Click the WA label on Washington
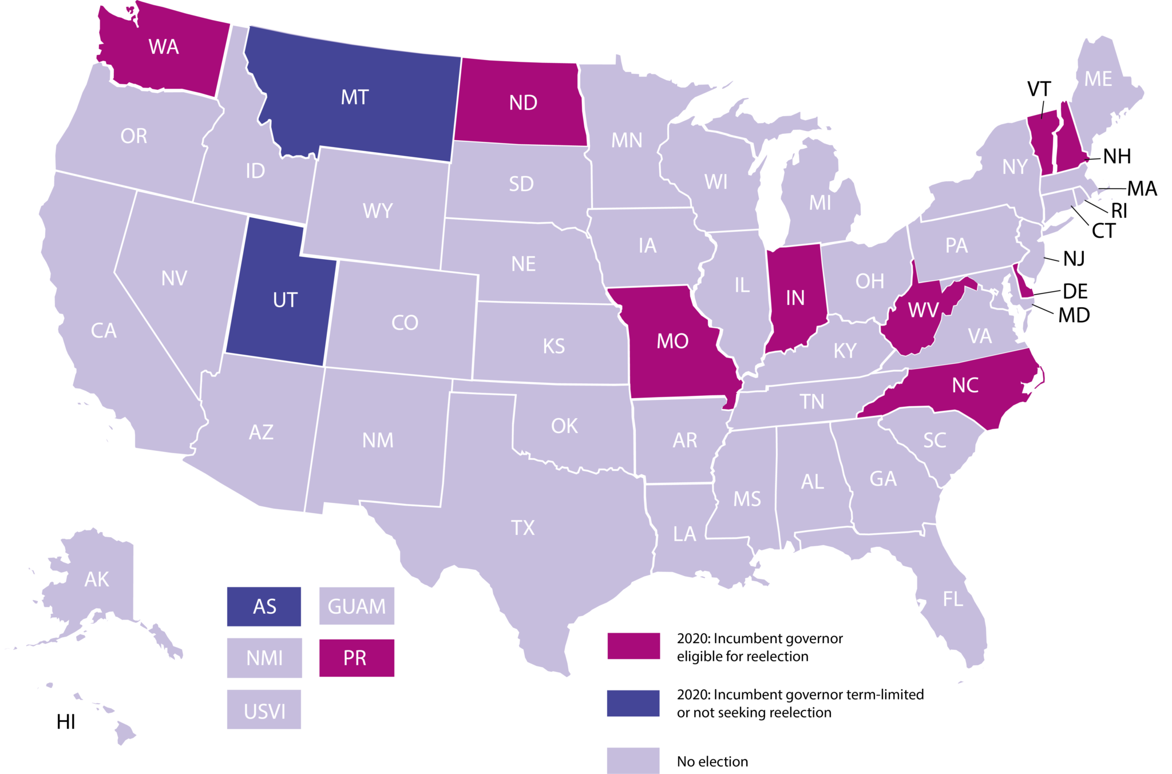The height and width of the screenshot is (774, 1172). (164, 47)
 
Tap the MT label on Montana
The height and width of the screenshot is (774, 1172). (355, 97)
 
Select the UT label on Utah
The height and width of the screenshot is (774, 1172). (285, 300)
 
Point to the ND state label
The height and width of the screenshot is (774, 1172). (523, 103)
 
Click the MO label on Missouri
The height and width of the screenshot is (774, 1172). (672, 341)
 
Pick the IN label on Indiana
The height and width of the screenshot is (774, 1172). (795, 297)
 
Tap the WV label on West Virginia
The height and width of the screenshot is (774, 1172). (922, 310)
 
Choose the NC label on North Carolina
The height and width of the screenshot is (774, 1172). (965, 385)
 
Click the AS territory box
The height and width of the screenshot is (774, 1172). (264, 606)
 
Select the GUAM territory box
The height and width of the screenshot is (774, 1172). (357, 606)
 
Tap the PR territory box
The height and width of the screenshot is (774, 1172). (356, 658)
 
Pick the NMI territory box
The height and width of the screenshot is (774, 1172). (264, 658)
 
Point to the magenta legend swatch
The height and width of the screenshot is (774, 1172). (633, 646)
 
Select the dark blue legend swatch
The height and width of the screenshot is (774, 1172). (633, 703)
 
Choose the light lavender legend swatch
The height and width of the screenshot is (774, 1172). (633, 760)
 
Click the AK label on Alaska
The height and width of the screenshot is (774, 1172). (97, 579)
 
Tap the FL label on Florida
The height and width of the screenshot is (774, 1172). (953, 599)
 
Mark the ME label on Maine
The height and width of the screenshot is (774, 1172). (1098, 79)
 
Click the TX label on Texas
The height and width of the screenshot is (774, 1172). (522, 527)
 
